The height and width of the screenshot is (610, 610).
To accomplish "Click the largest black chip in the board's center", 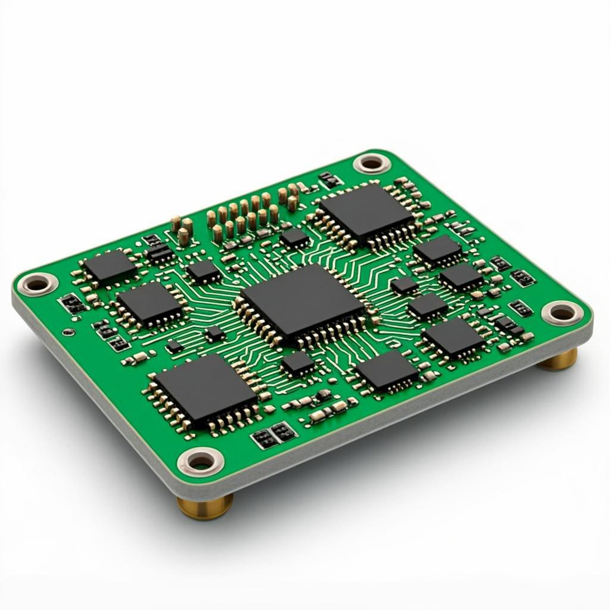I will tap(302, 304).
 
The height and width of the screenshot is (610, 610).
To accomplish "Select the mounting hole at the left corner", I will tap(37, 284).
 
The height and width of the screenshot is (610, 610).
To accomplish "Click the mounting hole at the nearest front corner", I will tap(201, 460).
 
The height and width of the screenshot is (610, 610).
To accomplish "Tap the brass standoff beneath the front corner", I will tap(205, 506).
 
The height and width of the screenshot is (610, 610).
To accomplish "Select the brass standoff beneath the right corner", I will tap(558, 359).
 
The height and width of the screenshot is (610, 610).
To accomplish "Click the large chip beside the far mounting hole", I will tap(365, 211).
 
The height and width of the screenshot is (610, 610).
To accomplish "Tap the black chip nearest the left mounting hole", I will tap(110, 266).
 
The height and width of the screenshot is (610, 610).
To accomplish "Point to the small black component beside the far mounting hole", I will tap(329, 179).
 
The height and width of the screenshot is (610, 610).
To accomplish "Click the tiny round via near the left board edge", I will tap(70, 332).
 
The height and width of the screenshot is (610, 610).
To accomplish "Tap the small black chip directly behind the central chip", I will tap(295, 238).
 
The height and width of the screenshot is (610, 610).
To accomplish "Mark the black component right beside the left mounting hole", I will tap(72, 304).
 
